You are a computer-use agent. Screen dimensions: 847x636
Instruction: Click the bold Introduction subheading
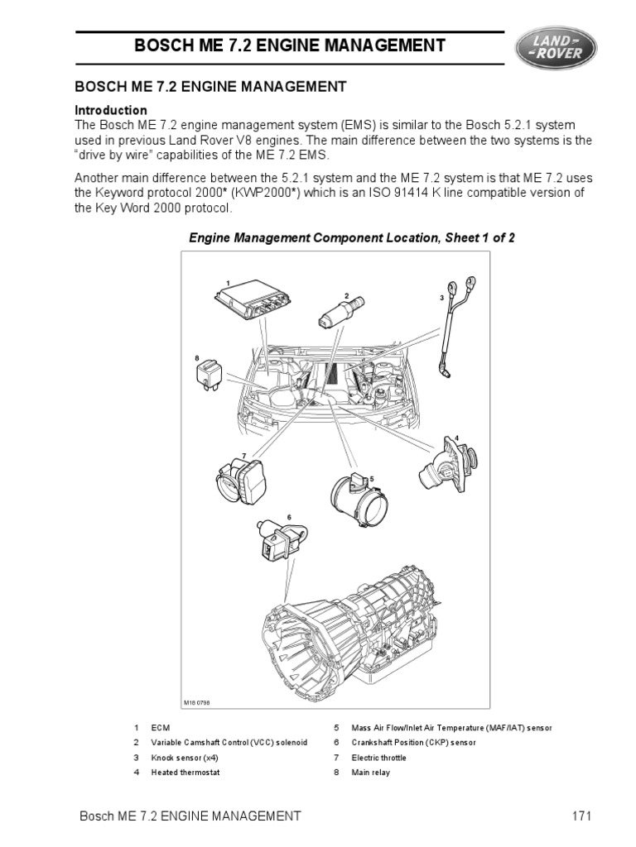click(x=111, y=110)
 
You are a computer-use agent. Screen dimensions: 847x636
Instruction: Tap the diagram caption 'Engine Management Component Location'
click(x=352, y=238)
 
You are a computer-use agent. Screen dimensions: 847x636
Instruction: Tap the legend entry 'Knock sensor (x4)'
click(x=186, y=758)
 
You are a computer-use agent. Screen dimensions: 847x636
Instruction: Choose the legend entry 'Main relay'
click(x=370, y=773)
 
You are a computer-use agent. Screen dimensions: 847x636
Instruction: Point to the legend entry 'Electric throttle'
click(x=380, y=758)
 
